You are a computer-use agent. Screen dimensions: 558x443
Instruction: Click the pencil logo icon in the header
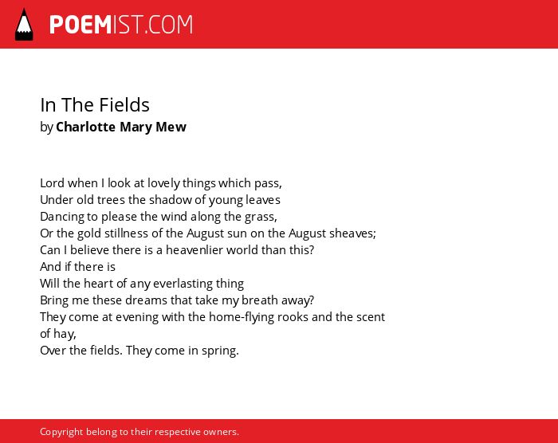24,24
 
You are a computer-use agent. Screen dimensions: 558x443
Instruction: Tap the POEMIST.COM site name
121,25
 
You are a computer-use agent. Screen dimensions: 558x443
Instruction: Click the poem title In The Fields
95,105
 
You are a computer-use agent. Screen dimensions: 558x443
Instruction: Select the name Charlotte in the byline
86,127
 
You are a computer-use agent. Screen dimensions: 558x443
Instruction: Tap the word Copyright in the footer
61,432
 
